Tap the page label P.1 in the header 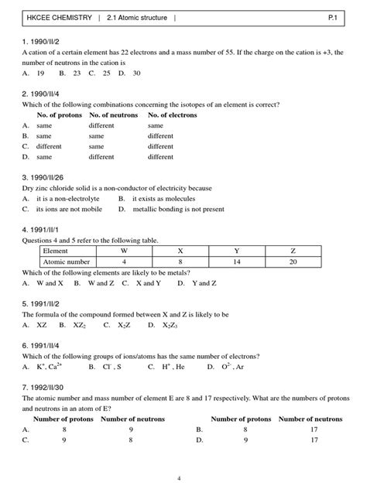click(x=341, y=15)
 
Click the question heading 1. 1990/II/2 click(x=43, y=40)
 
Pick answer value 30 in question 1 click(x=136, y=73)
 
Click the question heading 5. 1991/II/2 click(x=43, y=304)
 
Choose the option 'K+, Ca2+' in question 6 click(x=49, y=367)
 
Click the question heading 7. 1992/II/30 click(x=45, y=388)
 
